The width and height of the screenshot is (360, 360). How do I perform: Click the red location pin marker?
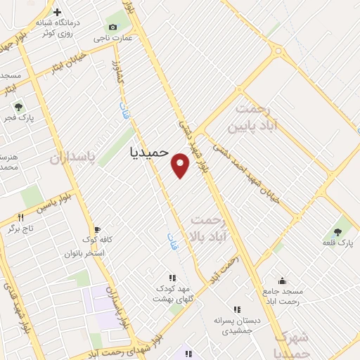(181, 166)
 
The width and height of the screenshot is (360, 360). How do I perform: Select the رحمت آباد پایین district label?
(253, 118)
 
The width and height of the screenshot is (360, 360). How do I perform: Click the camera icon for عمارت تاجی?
(112, 27)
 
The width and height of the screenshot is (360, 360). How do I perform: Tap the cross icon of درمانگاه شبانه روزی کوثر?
(57, 12)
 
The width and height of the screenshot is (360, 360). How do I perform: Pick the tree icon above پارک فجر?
(19, 108)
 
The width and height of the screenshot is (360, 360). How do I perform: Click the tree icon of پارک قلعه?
(338, 231)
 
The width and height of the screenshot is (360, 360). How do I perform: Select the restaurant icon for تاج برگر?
(20, 217)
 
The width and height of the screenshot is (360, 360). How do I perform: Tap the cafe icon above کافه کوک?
(98, 229)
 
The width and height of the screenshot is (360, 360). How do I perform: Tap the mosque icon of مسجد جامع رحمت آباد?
(282, 281)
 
